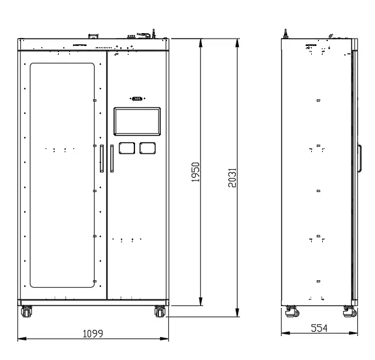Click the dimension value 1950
pyautogui.click(x=195, y=172)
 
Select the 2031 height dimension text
pyautogui.click(x=233, y=177)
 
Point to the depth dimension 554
pyautogui.click(x=319, y=328)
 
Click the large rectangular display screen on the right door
pyautogui.click(x=137, y=121)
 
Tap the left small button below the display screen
pyautogui.click(x=127, y=148)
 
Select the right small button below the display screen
pyautogui.click(x=147, y=148)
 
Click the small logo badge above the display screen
pyautogui.click(x=137, y=98)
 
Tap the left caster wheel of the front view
pyautogui.click(x=26, y=312)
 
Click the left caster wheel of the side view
pyautogui.click(x=293, y=312)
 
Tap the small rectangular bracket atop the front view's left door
pyautogui.click(x=93, y=36)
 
